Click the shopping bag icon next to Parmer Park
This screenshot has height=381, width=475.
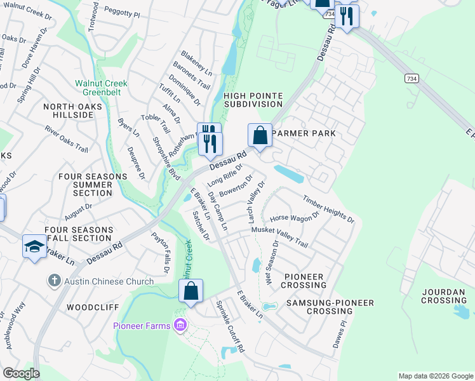[x=260, y=136]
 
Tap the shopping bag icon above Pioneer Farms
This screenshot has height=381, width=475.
[x=191, y=292]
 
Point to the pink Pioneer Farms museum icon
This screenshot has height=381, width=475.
[x=180, y=326]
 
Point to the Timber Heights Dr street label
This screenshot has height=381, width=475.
[x=328, y=209]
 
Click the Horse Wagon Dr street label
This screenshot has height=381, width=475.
[x=295, y=218]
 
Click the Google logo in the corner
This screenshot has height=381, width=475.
[x=20, y=373]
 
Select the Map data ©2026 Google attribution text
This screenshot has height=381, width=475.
[x=435, y=376]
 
